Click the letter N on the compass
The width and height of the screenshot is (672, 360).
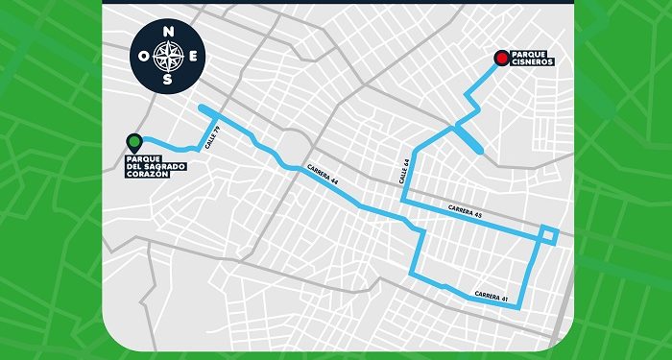coord(169,32)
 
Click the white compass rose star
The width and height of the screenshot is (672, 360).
coord(169,56)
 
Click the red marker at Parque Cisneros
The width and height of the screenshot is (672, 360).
coord(500,59)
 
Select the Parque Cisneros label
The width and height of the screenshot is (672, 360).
coord(532,60)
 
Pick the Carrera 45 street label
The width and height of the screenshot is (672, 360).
coord(465,213)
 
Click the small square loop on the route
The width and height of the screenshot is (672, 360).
coord(548,235)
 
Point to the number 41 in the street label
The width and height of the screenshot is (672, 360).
coord(504,298)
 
